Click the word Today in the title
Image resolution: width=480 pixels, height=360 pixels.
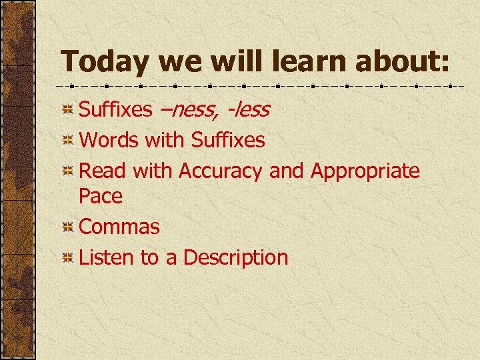point(105,62)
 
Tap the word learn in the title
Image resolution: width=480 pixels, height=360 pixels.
point(306,62)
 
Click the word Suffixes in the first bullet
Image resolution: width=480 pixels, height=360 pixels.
point(115,109)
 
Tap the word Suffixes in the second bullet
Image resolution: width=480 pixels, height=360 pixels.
point(227,140)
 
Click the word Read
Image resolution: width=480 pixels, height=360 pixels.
point(102,171)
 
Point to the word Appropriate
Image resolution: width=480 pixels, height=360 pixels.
point(365,171)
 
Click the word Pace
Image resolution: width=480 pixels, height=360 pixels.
point(101,196)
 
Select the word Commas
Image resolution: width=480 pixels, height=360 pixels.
point(119,227)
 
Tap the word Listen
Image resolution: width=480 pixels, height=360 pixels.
point(107,257)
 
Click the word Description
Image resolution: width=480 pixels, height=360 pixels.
point(235,257)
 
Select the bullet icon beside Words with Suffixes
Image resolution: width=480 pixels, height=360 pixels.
point(67,141)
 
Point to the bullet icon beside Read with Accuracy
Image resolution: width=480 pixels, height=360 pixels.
point(67,172)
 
